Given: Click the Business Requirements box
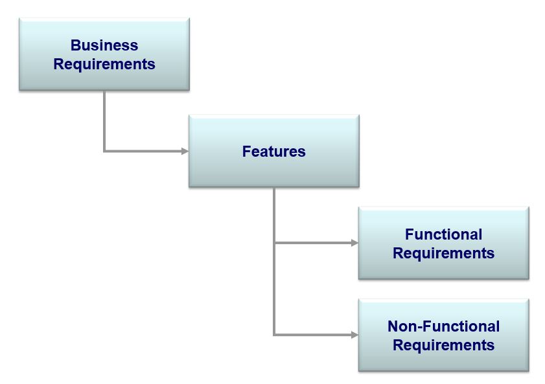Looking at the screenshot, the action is point(104,54).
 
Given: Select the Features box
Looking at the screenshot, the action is point(274,151).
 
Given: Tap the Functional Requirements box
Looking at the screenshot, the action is point(443,243).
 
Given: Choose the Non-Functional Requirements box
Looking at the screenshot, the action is point(443,335).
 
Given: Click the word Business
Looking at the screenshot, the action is point(104,45).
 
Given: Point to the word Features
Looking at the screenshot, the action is point(274,152).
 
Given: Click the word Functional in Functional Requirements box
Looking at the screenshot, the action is point(443,234).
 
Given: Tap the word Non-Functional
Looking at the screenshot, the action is point(443,326).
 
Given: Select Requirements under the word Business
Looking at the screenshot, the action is point(104,65).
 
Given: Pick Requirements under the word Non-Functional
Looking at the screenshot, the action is point(443,346).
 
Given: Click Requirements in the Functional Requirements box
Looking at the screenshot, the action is point(443,254).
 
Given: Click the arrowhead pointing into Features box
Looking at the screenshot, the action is point(185,151).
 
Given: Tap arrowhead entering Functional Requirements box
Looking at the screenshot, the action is point(354,243).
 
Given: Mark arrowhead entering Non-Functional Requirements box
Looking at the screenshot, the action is point(354,335).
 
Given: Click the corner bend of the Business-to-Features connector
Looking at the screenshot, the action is point(104,151).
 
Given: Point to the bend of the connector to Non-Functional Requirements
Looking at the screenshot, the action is point(274,335).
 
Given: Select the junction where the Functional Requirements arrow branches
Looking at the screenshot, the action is point(274,243).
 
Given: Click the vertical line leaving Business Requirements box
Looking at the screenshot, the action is point(104,120).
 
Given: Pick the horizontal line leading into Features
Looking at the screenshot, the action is point(143,151).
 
